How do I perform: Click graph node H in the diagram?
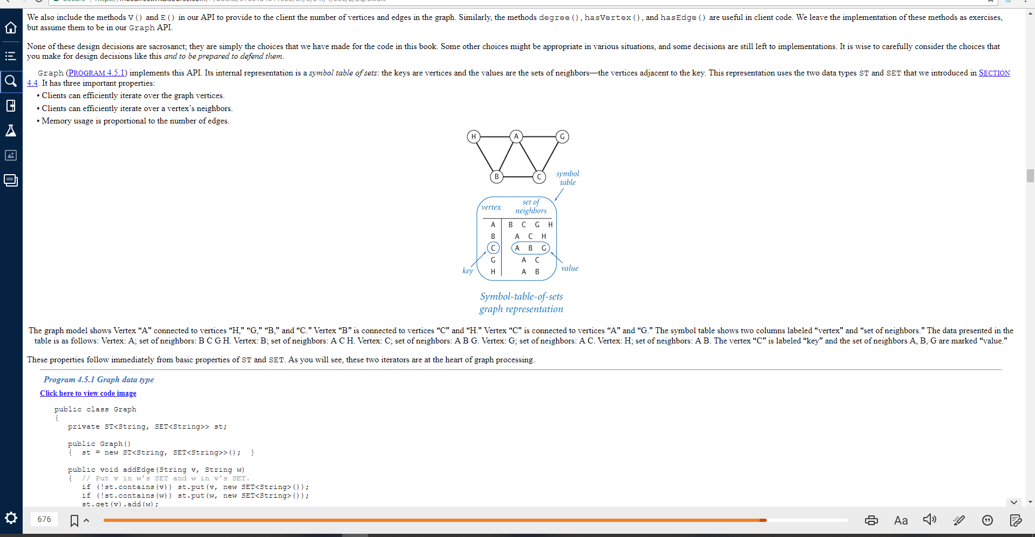[473, 136]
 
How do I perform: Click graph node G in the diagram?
[562, 136]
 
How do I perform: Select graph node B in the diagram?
[496, 176]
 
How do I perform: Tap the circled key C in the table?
[493, 248]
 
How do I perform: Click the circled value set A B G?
[530, 248]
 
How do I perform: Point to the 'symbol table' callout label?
[568, 178]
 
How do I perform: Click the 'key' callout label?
[467, 271]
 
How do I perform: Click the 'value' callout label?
[569, 268]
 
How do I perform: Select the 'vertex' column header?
[491, 207]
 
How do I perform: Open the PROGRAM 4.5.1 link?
[97, 73]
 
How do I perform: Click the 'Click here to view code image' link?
[88, 393]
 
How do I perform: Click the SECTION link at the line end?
[994, 73]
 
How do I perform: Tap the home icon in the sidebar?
[11, 27]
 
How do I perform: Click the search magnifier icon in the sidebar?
[11, 81]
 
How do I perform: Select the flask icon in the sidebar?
[11, 130]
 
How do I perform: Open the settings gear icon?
[11, 519]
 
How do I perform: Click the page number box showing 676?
[44, 519]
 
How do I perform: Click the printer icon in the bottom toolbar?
[871, 520]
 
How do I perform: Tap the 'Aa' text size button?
[901, 520]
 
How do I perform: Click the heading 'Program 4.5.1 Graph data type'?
[99, 380]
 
